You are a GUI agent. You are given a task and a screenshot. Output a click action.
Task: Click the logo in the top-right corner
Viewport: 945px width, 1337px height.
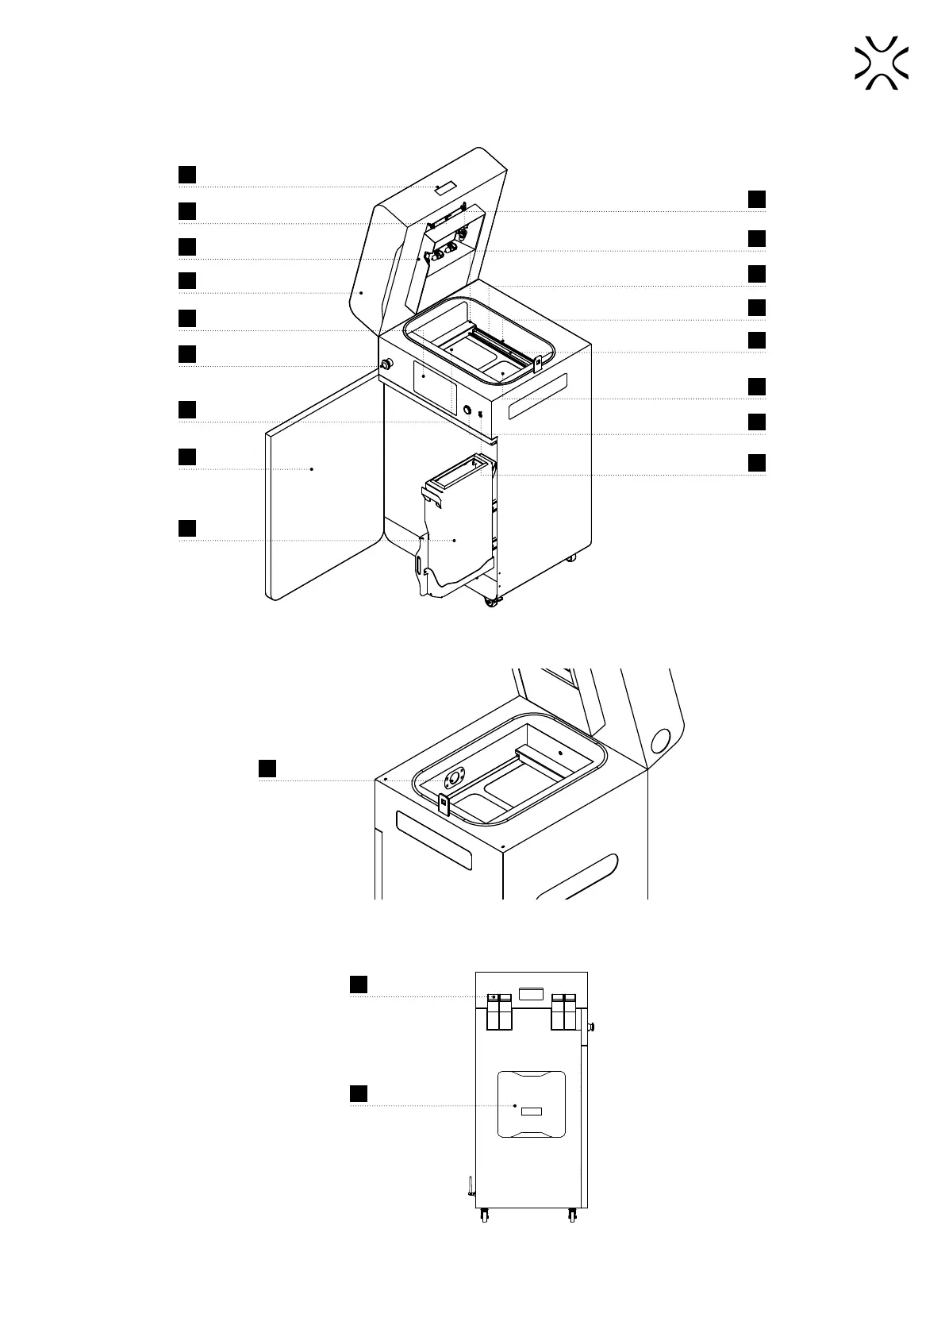882,63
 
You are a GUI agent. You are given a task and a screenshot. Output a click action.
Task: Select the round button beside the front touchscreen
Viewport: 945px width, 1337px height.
467,410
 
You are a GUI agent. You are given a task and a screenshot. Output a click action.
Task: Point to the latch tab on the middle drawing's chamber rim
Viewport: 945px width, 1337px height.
444,804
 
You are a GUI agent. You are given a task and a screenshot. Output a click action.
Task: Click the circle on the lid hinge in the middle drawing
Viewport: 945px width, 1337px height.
659,742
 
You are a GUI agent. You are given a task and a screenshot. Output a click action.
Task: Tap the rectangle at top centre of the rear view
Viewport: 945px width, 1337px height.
530,993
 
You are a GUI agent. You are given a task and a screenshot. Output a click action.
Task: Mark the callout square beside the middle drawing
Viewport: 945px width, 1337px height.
267,768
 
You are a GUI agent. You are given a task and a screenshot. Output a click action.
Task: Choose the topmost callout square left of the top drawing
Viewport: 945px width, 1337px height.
186,175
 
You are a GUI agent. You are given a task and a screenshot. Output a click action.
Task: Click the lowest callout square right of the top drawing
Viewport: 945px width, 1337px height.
757,462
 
